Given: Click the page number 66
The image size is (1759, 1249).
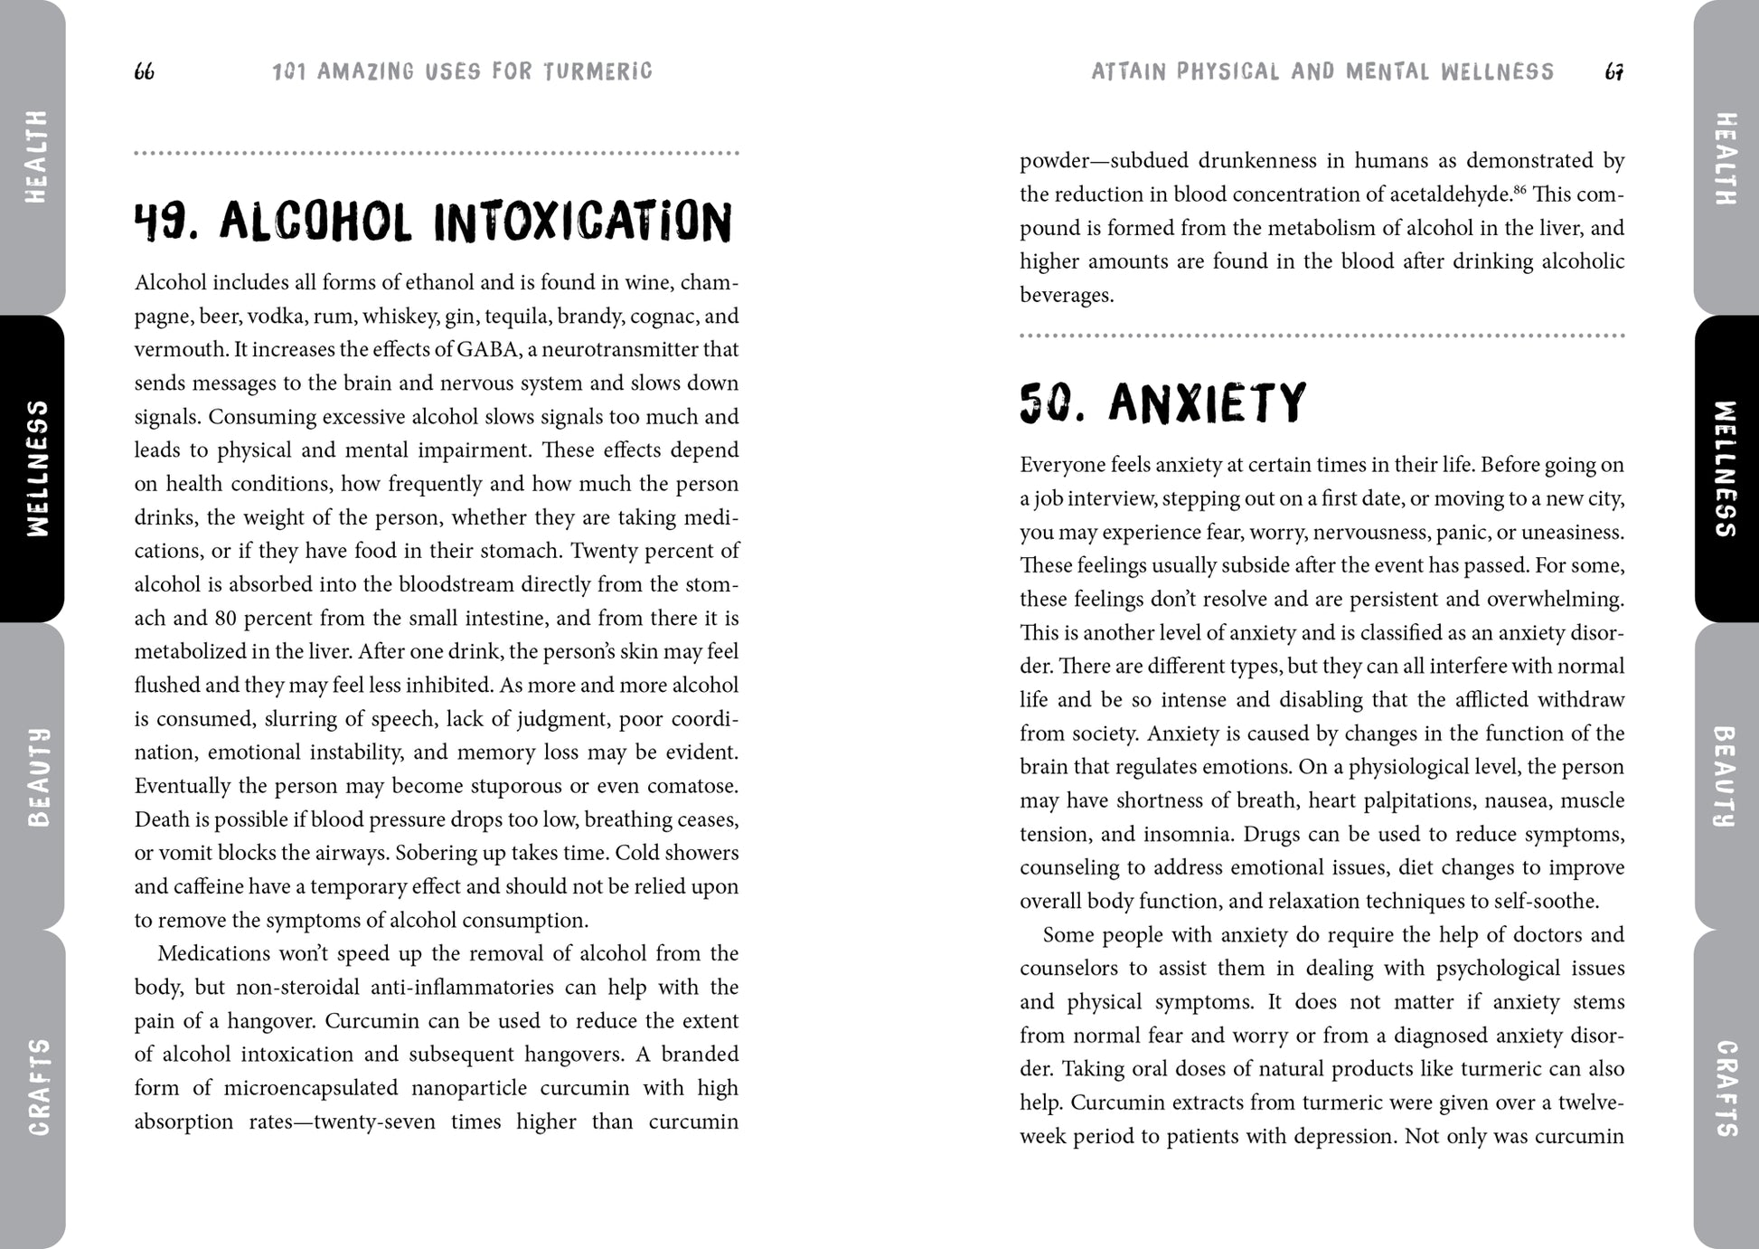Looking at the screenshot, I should click(144, 71).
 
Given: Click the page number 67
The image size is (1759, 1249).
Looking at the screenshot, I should click(1614, 71).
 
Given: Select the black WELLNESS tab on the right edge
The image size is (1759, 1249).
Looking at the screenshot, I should click(1726, 468).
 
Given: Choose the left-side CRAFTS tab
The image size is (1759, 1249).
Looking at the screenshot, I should click(36, 1086).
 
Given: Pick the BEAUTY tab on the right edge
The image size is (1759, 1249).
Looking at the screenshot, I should click(1726, 776).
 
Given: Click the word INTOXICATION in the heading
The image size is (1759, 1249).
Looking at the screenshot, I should click(583, 222).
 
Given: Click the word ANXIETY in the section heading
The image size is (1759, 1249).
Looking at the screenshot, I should click(1208, 403).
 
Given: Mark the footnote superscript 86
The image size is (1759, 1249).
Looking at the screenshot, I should click(1519, 189).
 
